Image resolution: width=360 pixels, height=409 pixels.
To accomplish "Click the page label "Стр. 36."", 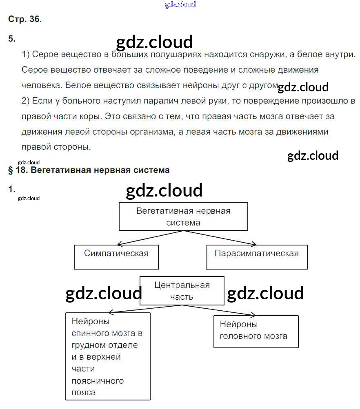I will point(24,19).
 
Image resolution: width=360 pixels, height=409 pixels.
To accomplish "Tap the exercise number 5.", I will point(11,39).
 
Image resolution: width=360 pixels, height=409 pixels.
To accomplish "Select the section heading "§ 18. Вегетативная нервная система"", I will point(89,170).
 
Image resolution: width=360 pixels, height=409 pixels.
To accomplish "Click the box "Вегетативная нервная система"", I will point(183,217).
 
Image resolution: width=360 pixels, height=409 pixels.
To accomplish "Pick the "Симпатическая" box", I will point(116,257).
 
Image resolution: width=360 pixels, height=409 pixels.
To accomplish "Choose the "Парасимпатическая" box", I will point(256,257).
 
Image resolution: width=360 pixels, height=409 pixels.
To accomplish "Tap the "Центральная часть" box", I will point(182,291).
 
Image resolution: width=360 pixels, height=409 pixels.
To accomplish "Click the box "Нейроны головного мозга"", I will point(256,330).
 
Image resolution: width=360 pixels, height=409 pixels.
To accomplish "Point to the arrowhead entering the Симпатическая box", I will point(118,245).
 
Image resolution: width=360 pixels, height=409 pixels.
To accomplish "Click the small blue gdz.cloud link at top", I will point(180,4).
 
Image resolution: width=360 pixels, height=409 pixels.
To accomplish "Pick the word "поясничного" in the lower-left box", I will point(98,381).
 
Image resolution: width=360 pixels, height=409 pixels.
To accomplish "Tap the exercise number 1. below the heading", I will point(11,189).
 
